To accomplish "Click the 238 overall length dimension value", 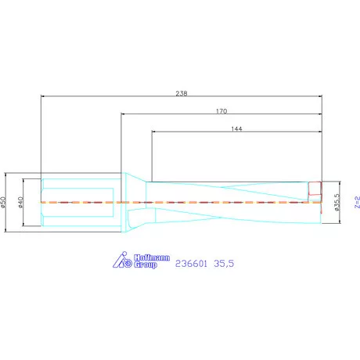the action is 182,93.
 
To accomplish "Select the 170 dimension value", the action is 221,111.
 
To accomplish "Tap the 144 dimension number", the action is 236,128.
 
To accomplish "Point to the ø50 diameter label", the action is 3,202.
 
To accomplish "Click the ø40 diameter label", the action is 20,203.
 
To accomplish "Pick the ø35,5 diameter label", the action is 337,202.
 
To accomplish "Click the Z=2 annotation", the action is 357,202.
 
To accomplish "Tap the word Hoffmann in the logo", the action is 152,257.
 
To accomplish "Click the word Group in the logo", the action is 146,265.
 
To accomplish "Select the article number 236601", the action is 191,264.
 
